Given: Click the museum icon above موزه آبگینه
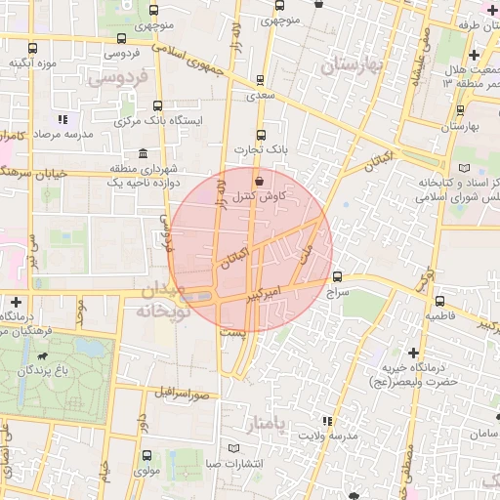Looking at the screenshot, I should (34, 47).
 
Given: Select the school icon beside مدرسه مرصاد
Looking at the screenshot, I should (62, 119).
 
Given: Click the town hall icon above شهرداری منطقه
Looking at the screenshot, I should (144, 153).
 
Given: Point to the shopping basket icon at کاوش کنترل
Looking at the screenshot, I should (259, 181).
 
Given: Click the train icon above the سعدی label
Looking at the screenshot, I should (259, 81).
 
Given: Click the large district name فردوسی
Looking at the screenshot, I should (117, 76).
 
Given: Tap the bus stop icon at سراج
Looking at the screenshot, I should (338, 276).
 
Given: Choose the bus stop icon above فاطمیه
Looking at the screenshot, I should (439, 301).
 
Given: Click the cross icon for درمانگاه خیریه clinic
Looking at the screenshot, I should (414, 352).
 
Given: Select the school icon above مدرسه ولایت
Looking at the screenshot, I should (327, 422).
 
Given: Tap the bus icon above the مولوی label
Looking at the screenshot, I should (146, 455).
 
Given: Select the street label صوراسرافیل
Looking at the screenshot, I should (181, 394).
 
